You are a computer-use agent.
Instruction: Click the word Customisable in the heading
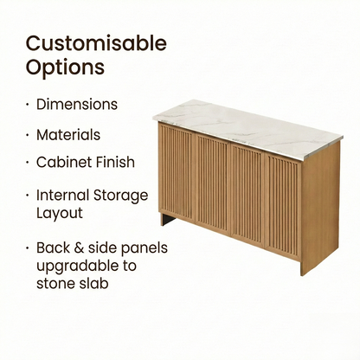click(x=96, y=43)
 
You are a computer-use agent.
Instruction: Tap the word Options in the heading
click(x=65, y=67)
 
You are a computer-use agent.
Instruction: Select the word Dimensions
click(x=77, y=105)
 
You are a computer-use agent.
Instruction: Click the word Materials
click(x=68, y=135)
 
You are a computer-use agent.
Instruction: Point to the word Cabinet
click(x=62, y=162)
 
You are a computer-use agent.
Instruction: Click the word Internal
click(x=64, y=195)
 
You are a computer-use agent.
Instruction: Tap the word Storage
click(x=122, y=195)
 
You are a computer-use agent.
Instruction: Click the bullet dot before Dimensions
click(x=28, y=105)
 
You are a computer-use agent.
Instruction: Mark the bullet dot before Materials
click(x=28, y=136)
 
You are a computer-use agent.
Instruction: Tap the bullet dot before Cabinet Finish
click(x=28, y=163)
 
